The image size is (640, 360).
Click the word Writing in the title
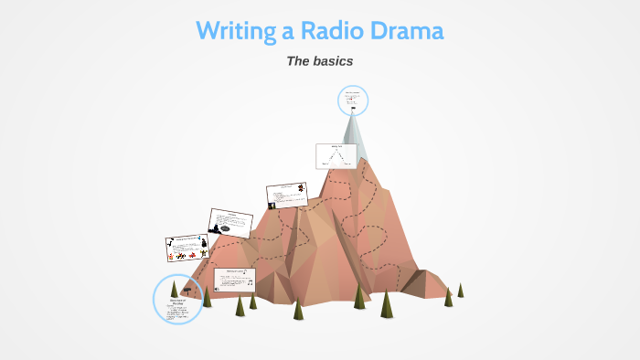236,31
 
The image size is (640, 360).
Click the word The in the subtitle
299,61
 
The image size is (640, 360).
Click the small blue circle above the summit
353,100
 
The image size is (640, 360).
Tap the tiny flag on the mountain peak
353,109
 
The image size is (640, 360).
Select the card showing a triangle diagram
336,156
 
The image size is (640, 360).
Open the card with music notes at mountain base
235,280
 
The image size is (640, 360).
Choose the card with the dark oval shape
230,223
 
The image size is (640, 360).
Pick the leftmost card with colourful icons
187,249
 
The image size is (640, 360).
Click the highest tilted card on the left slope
287,194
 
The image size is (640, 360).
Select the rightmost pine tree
461,290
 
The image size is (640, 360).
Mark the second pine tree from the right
448,296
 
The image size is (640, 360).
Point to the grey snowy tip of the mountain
355,137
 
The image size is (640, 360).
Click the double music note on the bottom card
251,282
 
